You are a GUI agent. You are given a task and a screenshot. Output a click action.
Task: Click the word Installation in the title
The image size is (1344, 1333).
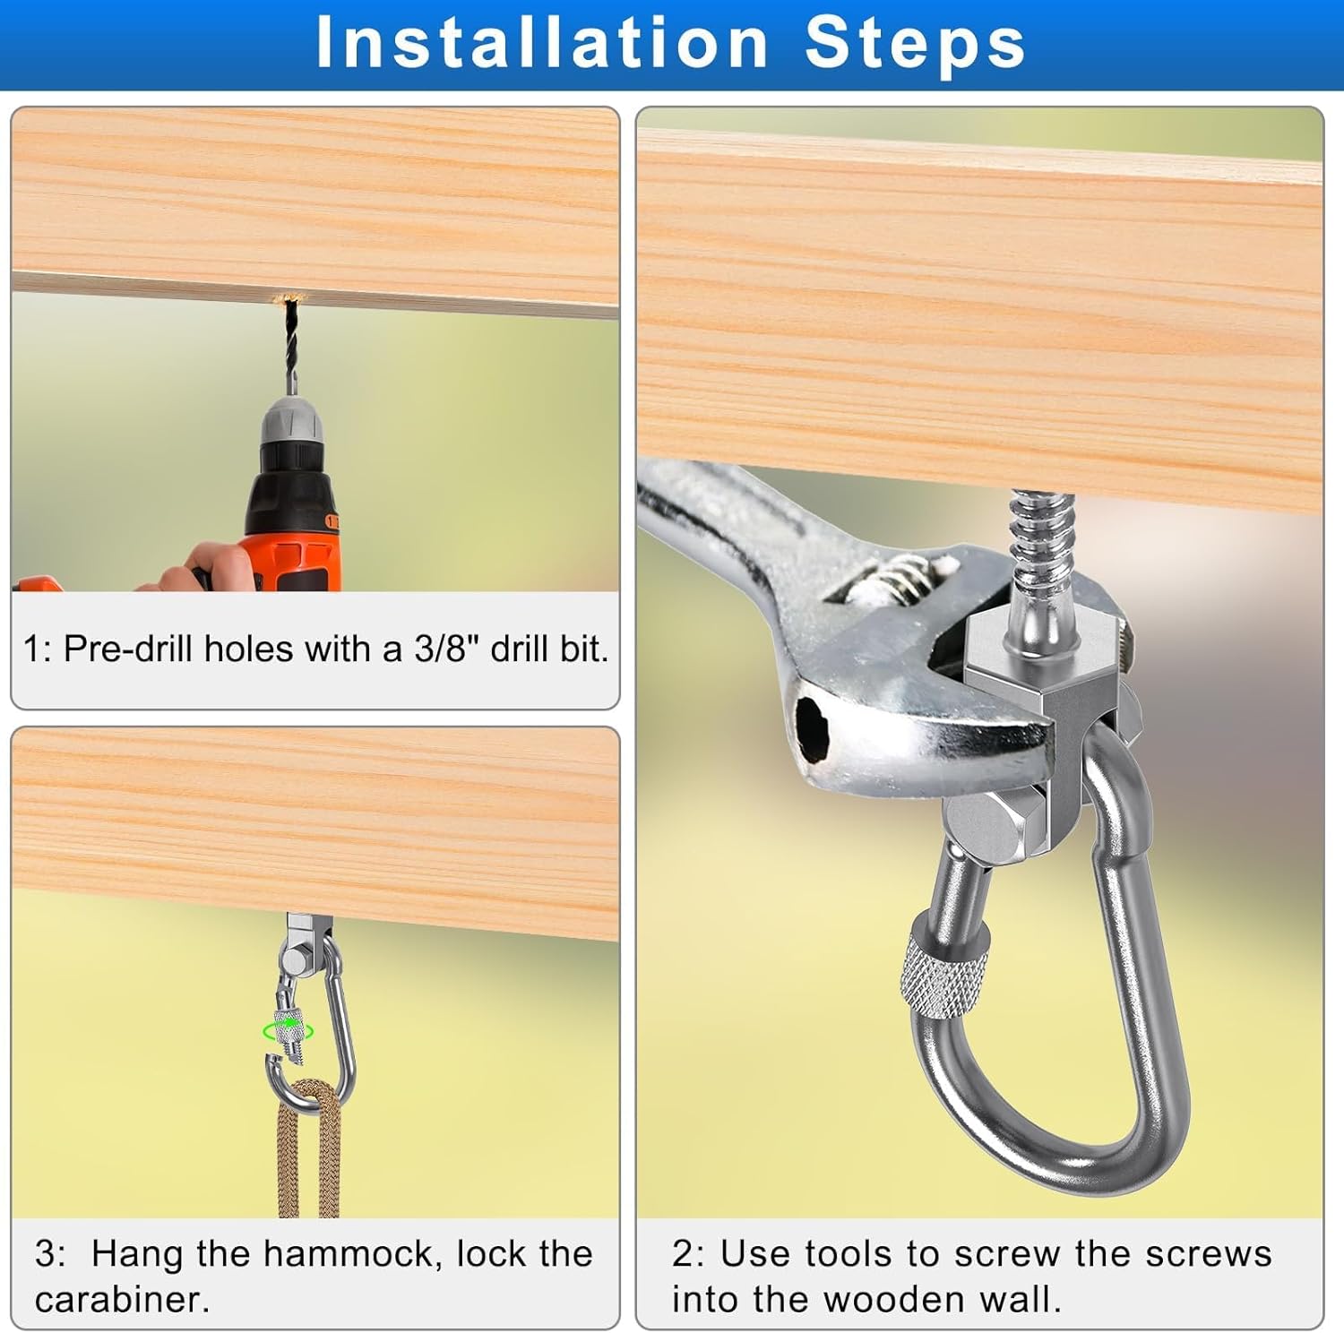pos(542,42)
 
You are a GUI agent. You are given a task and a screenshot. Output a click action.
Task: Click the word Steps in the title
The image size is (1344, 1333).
pos(916,42)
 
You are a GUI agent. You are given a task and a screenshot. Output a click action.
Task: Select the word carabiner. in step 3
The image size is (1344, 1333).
pos(123,1299)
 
